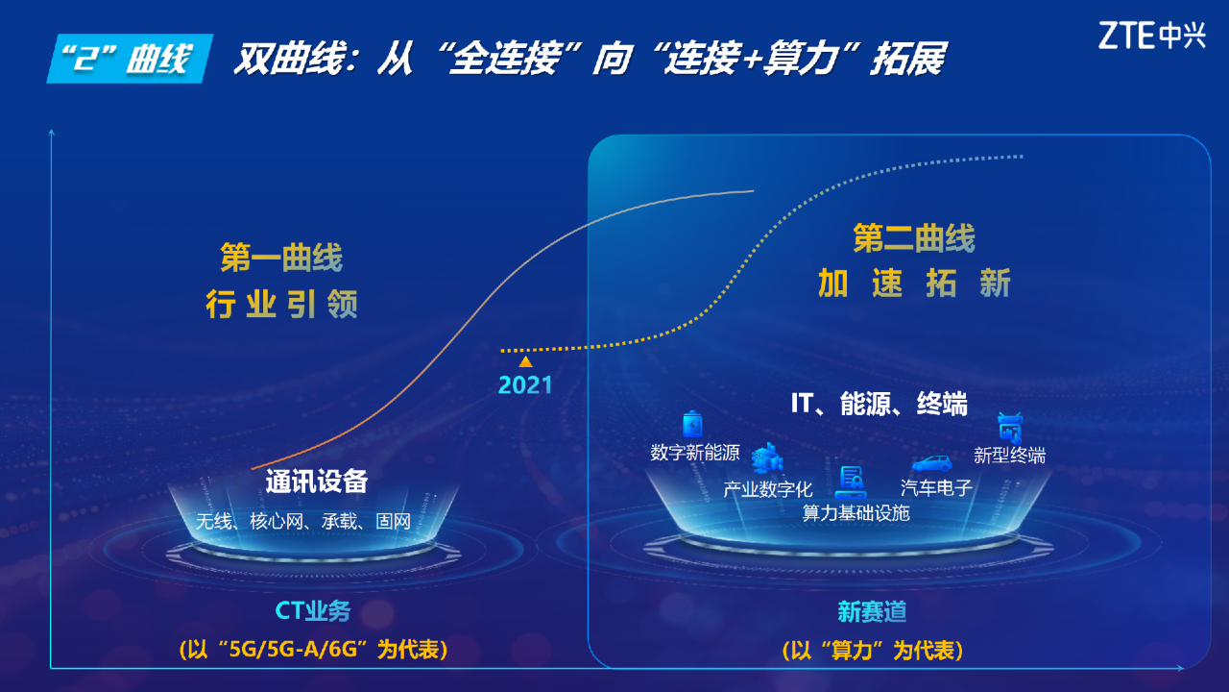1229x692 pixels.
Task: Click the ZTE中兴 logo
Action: click(x=1151, y=36)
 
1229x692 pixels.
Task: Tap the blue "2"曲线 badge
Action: click(x=130, y=59)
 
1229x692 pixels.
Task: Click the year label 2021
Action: click(x=525, y=385)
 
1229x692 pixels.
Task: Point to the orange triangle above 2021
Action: click(x=525, y=361)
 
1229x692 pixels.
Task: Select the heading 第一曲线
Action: click(x=281, y=257)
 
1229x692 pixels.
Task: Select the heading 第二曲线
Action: click(x=914, y=237)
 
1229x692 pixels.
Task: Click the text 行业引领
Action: click(x=281, y=304)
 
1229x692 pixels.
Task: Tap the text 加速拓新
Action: click(x=914, y=284)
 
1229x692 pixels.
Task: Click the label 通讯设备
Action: click(x=317, y=482)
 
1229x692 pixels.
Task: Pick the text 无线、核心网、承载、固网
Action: click(x=303, y=521)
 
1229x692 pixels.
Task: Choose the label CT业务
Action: click(x=312, y=610)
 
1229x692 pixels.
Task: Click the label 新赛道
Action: click(x=872, y=612)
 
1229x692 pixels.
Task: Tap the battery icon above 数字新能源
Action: click(x=692, y=424)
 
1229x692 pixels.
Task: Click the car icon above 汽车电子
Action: click(x=931, y=464)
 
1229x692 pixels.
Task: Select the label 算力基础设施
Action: click(x=855, y=513)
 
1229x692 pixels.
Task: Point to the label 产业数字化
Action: click(x=767, y=489)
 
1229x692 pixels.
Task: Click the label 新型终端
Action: click(x=1009, y=456)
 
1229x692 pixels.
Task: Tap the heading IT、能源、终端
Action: click(x=879, y=405)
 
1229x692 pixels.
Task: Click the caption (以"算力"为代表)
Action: click(x=873, y=651)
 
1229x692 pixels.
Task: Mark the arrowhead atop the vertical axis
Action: click(x=52, y=132)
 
